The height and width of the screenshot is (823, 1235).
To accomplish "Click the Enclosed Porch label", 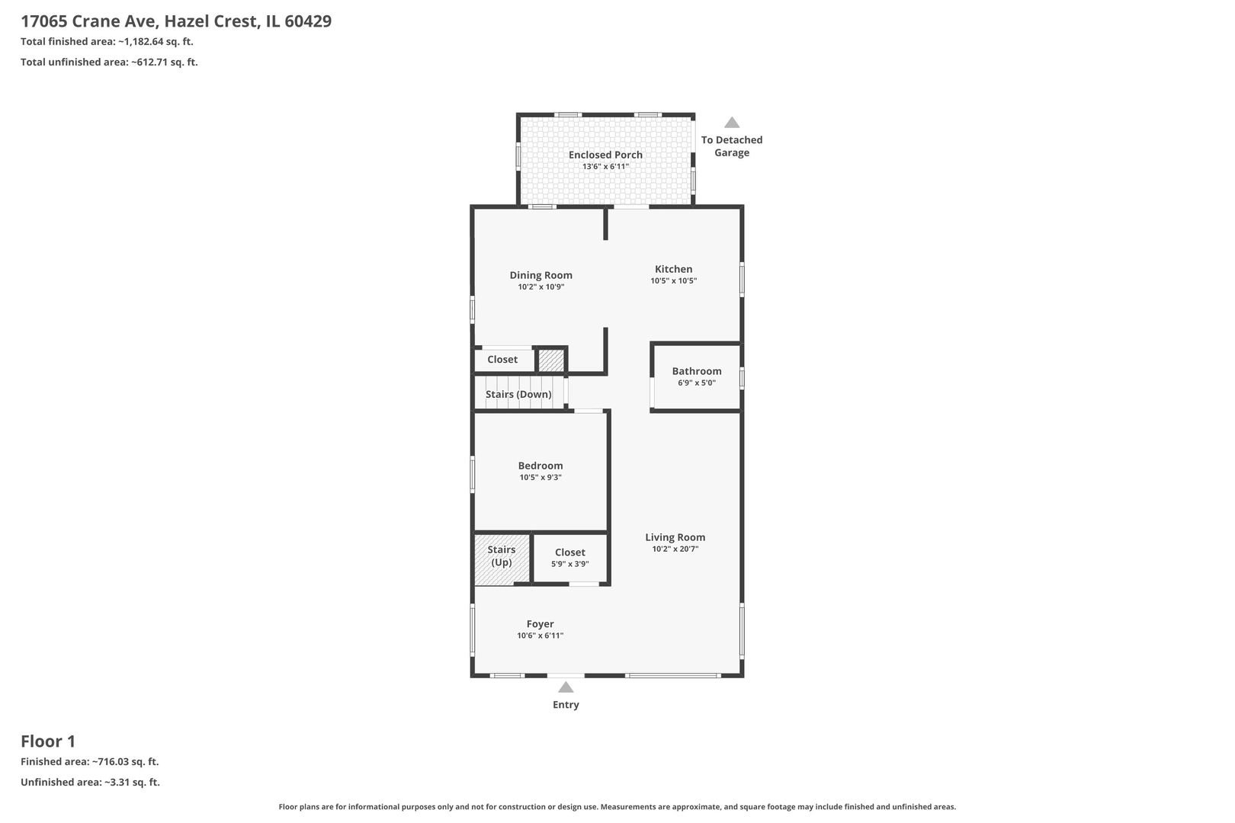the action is click(x=605, y=155).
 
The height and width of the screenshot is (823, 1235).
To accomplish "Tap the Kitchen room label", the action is click(x=673, y=269).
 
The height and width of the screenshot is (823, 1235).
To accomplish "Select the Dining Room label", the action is click(x=541, y=275).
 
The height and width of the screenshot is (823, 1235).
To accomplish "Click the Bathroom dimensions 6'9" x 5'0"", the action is click(x=696, y=383).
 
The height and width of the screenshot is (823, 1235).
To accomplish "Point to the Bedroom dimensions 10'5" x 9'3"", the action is click(x=541, y=477).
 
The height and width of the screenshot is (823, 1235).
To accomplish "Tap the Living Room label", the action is click(x=675, y=537).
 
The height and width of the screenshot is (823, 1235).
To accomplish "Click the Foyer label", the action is click(x=540, y=624).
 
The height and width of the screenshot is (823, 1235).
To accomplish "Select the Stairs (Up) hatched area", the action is click(x=502, y=559).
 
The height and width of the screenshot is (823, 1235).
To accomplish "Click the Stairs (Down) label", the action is click(x=518, y=394).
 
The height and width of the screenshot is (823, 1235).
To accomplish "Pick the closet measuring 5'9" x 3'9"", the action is click(x=570, y=557).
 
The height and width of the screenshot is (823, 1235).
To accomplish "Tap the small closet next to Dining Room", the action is click(x=504, y=360).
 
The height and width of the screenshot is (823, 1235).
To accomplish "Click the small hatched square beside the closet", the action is click(x=550, y=360).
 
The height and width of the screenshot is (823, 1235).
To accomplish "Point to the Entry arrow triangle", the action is click(x=566, y=687).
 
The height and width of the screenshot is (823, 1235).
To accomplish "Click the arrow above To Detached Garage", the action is click(x=732, y=123).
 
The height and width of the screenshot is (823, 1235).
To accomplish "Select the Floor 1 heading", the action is click(x=48, y=741).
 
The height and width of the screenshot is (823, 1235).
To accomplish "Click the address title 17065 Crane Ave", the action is click(x=91, y=21).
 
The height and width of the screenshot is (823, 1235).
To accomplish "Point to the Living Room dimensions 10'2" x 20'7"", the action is click(x=675, y=549).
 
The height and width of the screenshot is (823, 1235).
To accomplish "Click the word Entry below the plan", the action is click(x=566, y=705).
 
